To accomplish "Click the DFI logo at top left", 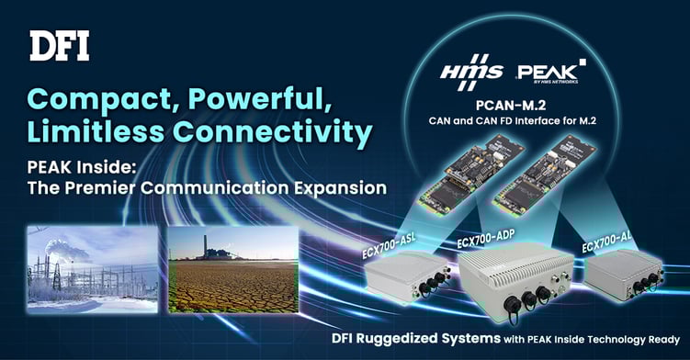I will (x=60, y=45).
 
